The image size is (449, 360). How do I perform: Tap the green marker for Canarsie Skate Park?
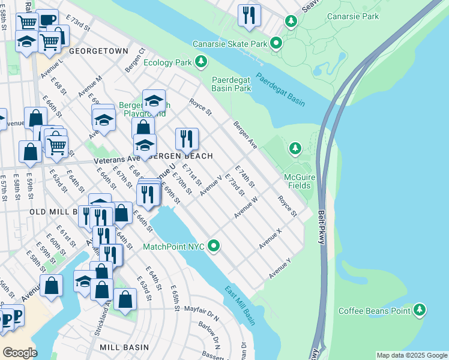(x=276, y=43)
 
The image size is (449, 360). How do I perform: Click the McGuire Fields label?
(x=297, y=181)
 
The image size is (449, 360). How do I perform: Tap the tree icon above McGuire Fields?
(x=294, y=148)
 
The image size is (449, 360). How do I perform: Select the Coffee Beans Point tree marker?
(x=420, y=310)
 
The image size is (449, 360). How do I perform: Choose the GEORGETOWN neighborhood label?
(x=98, y=52)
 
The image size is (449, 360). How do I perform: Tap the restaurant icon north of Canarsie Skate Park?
(x=249, y=15)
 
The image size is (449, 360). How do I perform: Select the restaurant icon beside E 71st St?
(x=187, y=139)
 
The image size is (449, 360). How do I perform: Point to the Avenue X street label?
(x=270, y=239)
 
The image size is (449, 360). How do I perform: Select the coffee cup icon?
(x=47, y=20)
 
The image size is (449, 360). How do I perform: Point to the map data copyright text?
(x=411, y=355)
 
